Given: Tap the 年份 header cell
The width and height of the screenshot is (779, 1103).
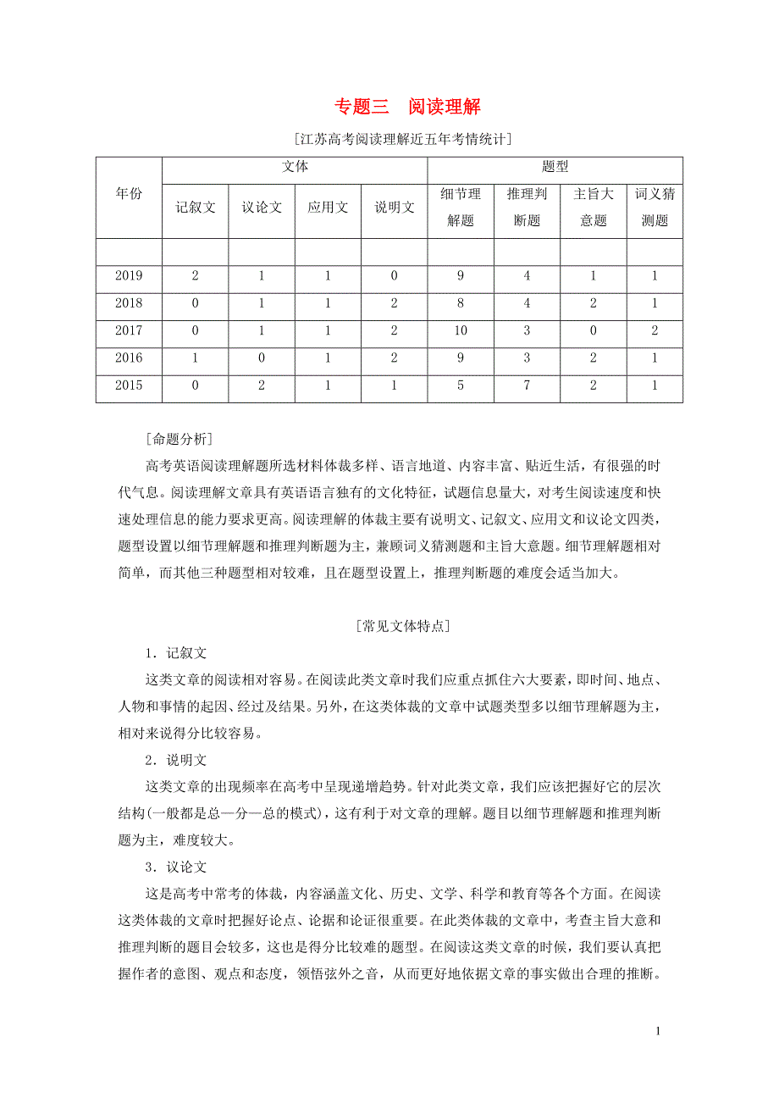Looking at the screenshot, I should pos(129,194).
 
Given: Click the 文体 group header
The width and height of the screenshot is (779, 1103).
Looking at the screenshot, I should pos(295,168).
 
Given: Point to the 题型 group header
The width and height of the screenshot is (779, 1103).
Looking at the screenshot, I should pos(555,168).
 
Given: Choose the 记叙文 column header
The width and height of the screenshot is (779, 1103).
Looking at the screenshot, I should pos(196,208).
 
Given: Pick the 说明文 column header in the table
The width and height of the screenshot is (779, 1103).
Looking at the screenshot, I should pos(395,208).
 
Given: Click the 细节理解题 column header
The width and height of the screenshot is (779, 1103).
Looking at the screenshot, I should pos(461,208).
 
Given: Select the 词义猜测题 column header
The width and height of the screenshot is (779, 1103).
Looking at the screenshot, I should pos(655,208).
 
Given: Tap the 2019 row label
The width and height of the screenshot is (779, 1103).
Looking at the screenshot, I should pos(129,275).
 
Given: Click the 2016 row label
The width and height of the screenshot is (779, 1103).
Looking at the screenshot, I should pos(129,358).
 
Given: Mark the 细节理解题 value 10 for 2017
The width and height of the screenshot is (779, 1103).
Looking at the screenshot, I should pos(461,330).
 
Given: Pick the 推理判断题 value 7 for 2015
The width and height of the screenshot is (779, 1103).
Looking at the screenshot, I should pos(527,386).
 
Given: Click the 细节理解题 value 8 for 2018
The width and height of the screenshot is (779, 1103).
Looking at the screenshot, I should pos(461,303).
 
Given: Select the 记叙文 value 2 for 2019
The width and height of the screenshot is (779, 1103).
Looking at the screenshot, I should pos(196,275).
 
